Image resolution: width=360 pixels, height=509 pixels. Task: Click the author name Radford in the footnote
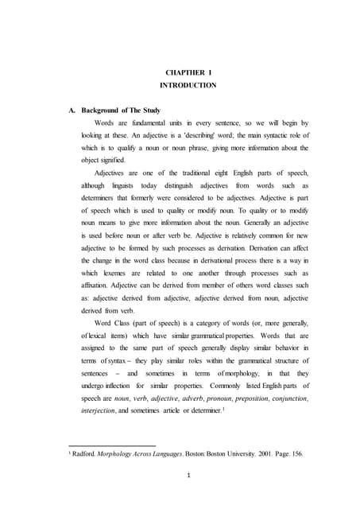[x=83, y=454]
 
